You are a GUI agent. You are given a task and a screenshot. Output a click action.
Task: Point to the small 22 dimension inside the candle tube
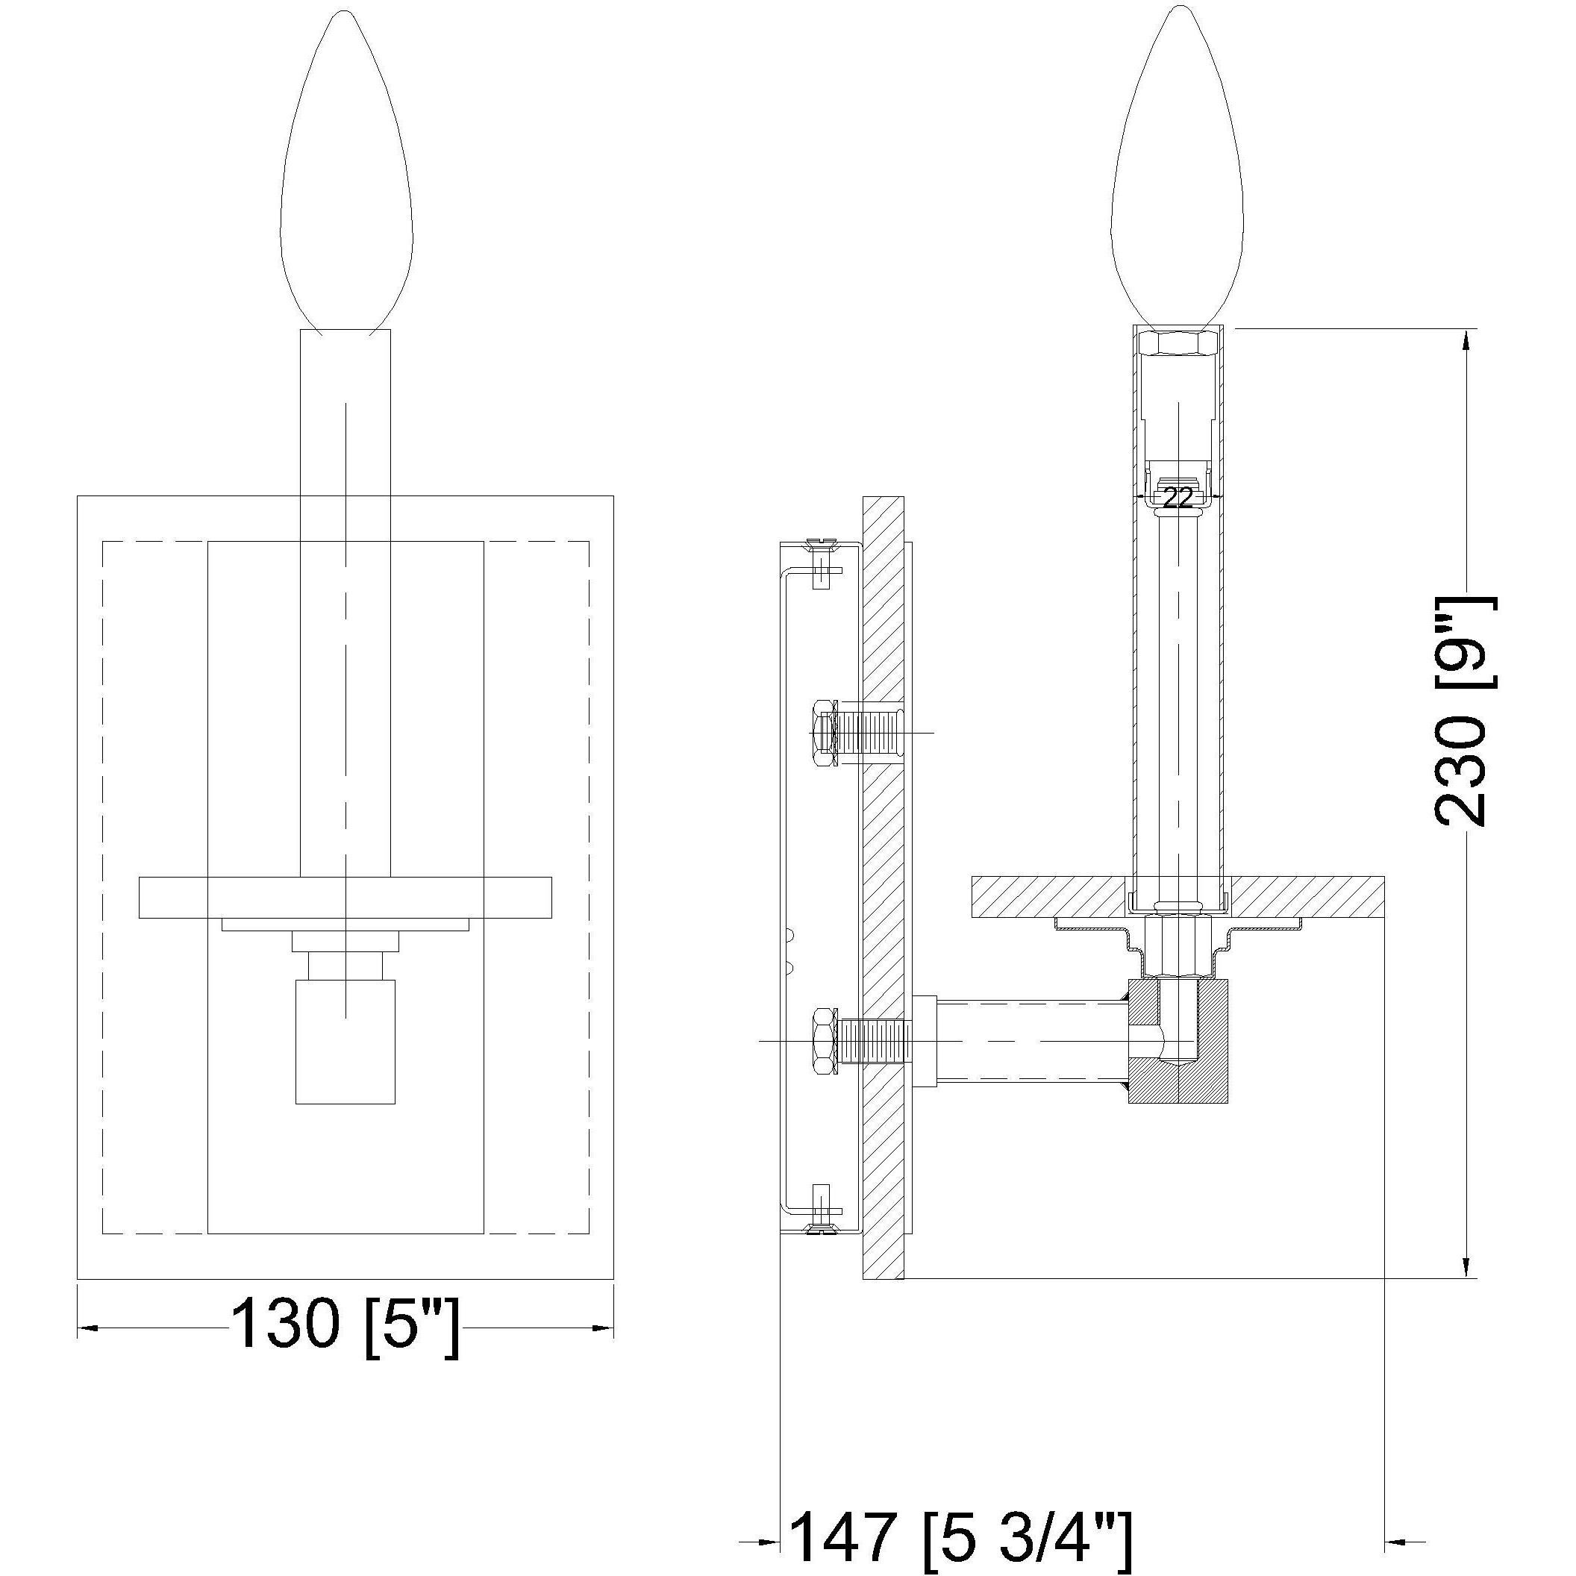tap(1177, 498)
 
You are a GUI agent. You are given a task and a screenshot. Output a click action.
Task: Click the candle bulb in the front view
tap(346, 179)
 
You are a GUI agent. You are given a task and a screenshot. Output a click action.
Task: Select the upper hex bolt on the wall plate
tap(824, 732)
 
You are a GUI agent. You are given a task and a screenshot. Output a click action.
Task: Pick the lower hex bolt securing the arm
tap(822, 1042)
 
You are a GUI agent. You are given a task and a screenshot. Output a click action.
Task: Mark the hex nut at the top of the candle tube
tap(1177, 343)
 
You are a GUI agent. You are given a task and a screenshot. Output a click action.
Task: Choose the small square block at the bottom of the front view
tap(345, 1042)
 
